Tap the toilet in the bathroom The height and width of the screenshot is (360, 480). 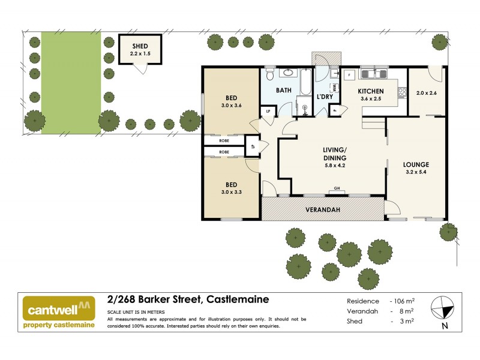pyautogui.click(x=270, y=75)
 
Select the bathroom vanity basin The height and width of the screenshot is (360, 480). pyautogui.click(x=288, y=74)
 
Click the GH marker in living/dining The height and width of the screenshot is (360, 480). pyautogui.click(x=337, y=189)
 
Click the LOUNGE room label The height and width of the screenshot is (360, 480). pyautogui.click(x=416, y=164)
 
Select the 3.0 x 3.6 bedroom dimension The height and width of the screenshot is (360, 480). pyautogui.click(x=231, y=107)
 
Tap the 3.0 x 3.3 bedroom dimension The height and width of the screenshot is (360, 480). pyautogui.click(x=231, y=193)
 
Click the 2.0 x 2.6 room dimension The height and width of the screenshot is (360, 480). pyautogui.click(x=426, y=93)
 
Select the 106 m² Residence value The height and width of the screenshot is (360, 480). pyautogui.click(x=403, y=301)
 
